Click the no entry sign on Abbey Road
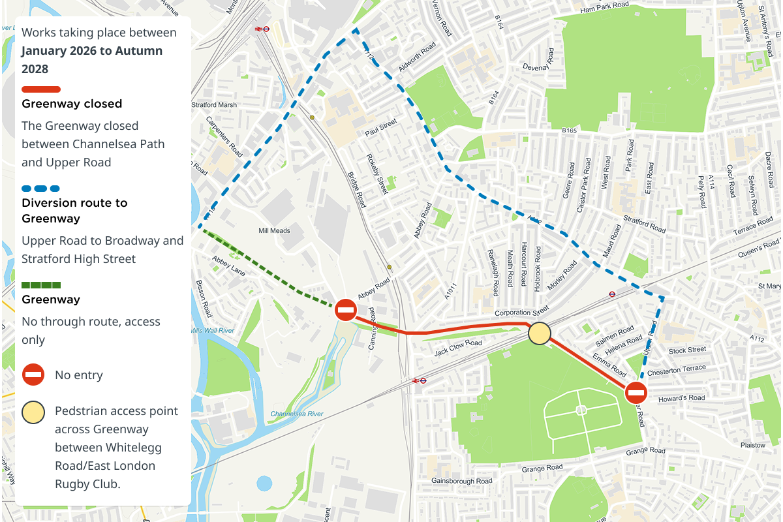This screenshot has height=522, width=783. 346,309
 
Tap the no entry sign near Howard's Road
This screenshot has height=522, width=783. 636,393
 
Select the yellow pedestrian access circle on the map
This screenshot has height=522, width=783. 539,333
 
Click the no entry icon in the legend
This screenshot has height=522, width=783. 33,375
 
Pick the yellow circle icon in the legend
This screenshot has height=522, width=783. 33,412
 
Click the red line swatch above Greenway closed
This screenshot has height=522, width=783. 41,89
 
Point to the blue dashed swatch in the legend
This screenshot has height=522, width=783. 41,189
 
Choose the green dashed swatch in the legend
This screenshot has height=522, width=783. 41,285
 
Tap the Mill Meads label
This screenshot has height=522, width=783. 274,230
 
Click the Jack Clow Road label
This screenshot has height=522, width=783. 458,348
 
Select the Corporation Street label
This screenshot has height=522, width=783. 521,313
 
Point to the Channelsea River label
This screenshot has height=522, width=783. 297,414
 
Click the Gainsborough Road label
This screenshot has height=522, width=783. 461,481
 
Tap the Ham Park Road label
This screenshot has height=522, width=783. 604,7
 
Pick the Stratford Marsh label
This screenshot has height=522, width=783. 214,104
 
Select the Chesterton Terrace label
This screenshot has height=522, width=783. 677,370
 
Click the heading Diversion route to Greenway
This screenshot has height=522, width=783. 74,210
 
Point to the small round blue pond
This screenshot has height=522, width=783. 264,484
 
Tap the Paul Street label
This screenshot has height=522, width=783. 381,127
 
